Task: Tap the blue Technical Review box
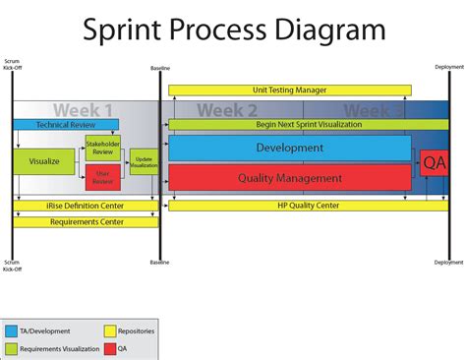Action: [x=65, y=125]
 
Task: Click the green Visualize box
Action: [x=44, y=160]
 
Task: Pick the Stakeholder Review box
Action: [x=102, y=149]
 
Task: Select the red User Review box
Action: [x=102, y=177]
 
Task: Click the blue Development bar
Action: [x=289, y=148]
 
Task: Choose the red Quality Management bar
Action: [x=289, y=178]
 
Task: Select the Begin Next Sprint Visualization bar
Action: [x=295, y=125]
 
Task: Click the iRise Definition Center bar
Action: [x=86, y=206]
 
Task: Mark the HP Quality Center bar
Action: [x=295, y=206]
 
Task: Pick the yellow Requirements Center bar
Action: [x=86, y=222]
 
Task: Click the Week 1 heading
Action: [x=83, y=110]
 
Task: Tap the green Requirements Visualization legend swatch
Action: [x=11, y=348]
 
